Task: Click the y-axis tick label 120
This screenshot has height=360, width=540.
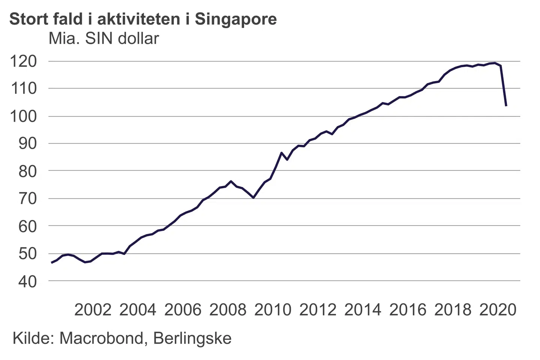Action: (x=23, y=61)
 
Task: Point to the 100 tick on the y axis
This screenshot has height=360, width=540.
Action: (x=23, y=116)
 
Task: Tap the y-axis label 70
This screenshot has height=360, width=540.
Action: (x=28, y=198)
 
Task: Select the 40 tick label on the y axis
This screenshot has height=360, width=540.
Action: (x=28, y=281)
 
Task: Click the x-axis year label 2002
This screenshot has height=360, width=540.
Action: (x=93, y=310)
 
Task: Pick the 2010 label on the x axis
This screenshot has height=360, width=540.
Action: (x=273, y=310)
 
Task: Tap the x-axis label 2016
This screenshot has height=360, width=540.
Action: (x=408, y=310)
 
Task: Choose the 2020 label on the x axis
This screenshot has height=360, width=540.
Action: (x=498, y=310)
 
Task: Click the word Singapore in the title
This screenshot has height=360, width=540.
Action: (x=236, y=19)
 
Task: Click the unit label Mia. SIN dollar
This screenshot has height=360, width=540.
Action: (x=104, y=39)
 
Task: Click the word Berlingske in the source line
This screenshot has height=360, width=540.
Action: (x=192, y=338)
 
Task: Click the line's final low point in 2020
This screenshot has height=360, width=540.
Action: (x=506, y=106)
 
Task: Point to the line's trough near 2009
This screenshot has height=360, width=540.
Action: (x=253, y=197)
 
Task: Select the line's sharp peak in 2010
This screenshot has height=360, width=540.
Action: (x=281, y=153)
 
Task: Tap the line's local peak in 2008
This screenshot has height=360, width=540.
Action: (x=231, y=181)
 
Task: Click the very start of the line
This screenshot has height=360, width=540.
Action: (x=51, y=263)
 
